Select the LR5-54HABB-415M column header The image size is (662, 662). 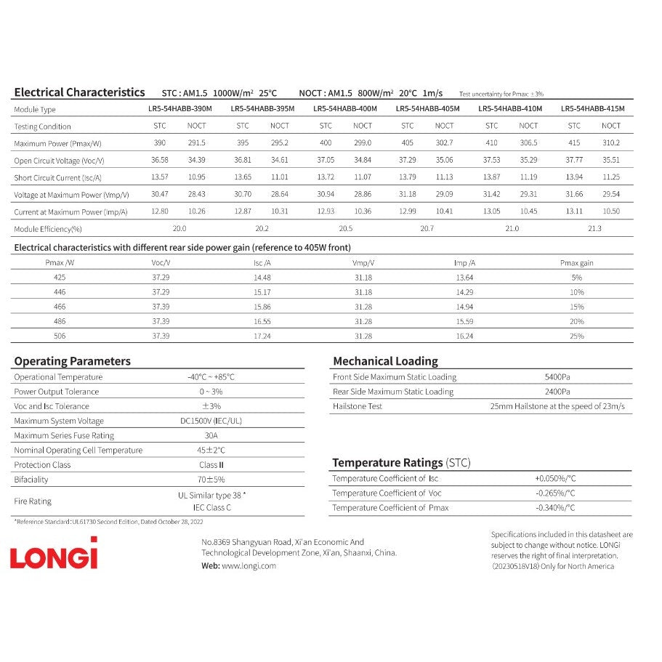(592, 109)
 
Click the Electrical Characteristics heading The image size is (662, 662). (79, 92)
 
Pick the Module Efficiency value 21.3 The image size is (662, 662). (594, 228)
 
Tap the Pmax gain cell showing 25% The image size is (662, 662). (577, 336)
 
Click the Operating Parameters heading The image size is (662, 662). (73, 361)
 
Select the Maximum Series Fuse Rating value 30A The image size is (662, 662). (211, 435)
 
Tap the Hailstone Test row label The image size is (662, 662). (357, 406)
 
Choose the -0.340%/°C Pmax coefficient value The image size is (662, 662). (555, 508)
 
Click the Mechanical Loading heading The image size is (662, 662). (385, 361)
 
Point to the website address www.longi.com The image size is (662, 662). (249, 566)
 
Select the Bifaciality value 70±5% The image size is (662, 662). (211, 480)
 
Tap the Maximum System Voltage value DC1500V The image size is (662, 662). (211, 421)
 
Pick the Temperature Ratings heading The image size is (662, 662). (387, 463)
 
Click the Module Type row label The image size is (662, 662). (35, 109)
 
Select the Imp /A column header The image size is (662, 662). (464, 263)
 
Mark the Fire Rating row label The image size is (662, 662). (33, 501)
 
